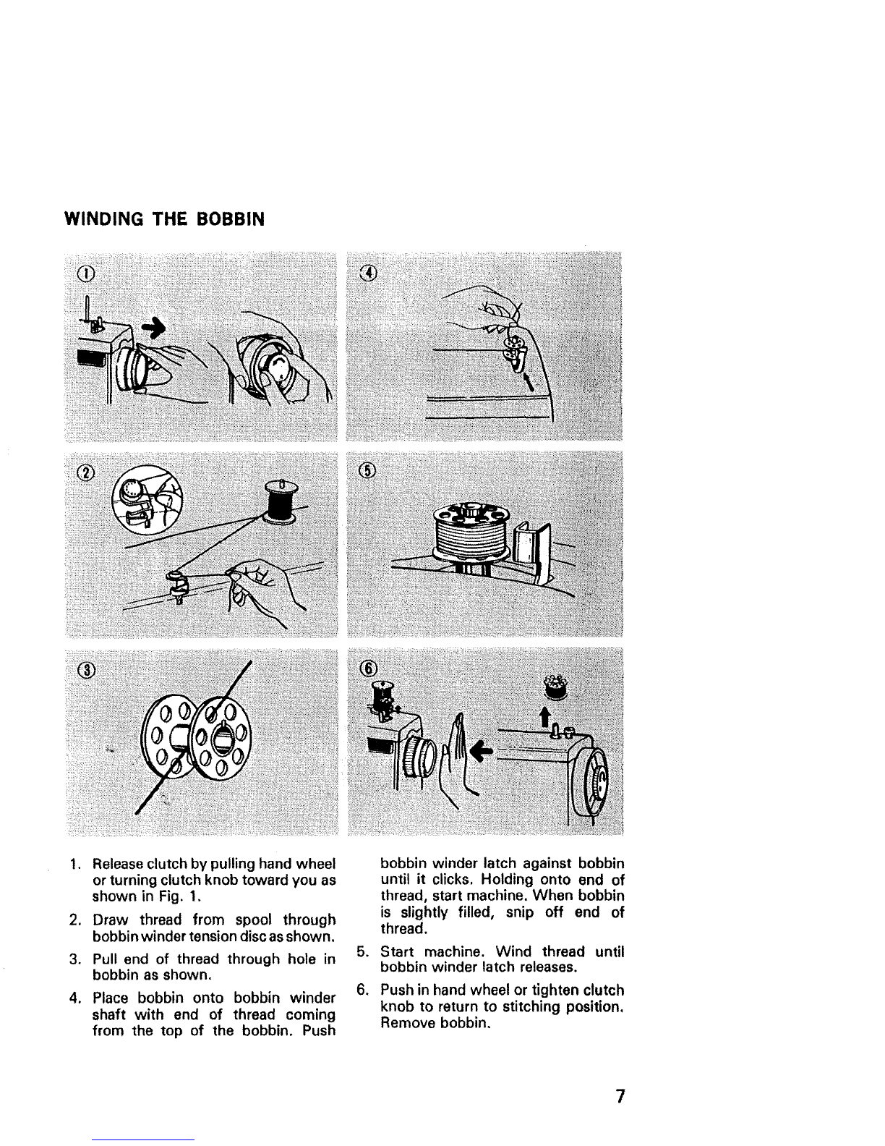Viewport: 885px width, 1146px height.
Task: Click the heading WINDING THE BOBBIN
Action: [x=164, y=219]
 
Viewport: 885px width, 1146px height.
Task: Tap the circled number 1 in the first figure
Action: [x=86, y=273]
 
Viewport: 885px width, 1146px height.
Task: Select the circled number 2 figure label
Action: [x=86, y=472]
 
